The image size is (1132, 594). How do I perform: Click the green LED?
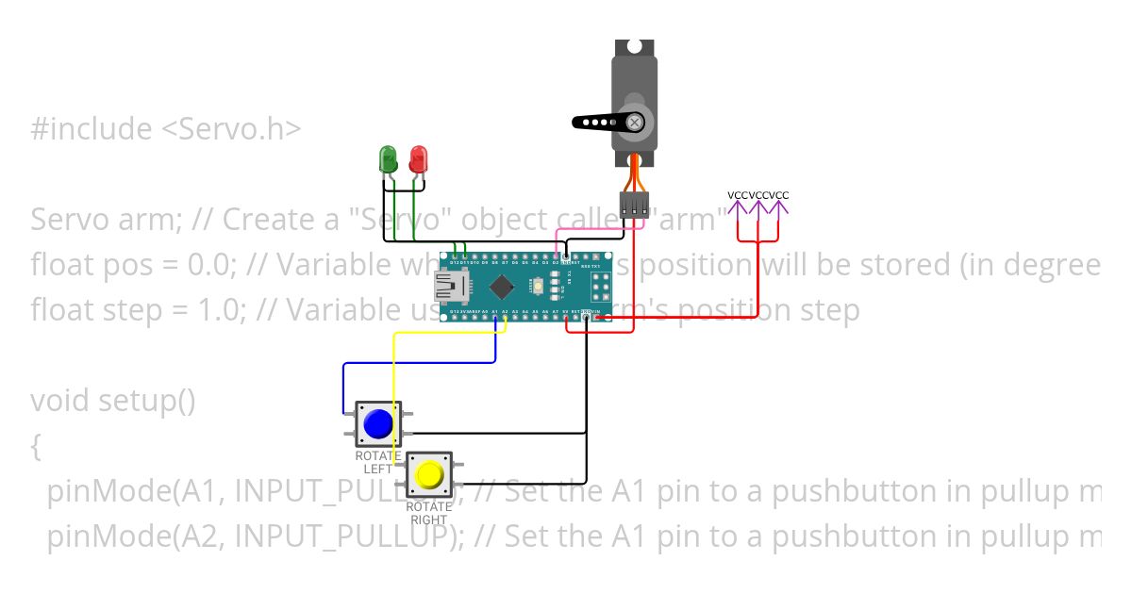coord(388,158)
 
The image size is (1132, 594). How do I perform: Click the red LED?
coord(417,158)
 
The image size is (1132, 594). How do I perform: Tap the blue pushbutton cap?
coord(378,424)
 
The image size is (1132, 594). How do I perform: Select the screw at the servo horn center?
coord(637,122)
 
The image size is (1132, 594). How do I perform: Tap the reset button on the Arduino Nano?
coord(538,285)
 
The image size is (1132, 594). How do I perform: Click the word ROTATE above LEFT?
coord(377,456)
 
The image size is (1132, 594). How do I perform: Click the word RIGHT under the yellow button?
coord(429,520)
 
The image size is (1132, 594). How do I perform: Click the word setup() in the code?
coord(151,401)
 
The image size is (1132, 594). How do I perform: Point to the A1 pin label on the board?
coord(495,311)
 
